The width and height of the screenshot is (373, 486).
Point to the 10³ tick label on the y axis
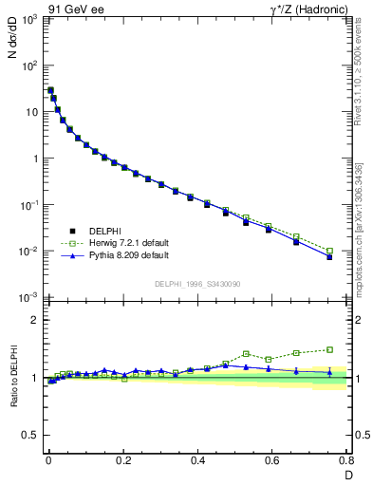click(x=29, y=20)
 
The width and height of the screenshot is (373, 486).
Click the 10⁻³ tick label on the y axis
click(x=29, y=297)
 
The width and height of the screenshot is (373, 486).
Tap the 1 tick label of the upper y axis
click(x=34, y=159)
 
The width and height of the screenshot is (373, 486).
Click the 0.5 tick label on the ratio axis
click(x=31, y=435)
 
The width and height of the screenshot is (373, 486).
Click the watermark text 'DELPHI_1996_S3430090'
click(x=196, y=284)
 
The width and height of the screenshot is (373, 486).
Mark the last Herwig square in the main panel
click(x=329, y=252)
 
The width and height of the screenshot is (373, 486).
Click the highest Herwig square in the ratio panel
click(x=329, y=349)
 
